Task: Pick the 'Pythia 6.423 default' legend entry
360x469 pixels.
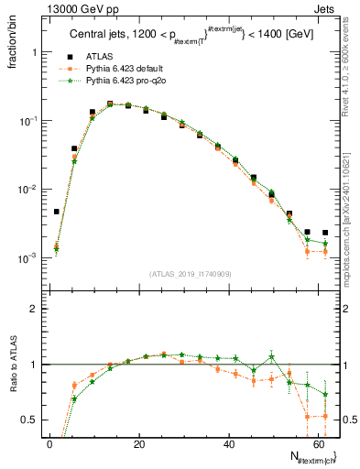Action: [127, 70]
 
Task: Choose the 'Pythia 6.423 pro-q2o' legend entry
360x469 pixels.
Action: [127, 82]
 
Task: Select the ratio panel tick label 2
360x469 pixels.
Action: [38, 310]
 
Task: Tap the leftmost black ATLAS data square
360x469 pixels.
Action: [57, 212]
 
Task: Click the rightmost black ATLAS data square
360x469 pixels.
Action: [325, 233]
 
